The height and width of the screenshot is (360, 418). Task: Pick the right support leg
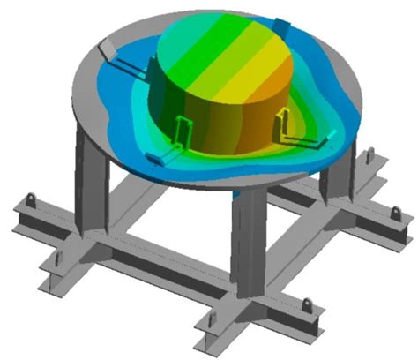[338, 176]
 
